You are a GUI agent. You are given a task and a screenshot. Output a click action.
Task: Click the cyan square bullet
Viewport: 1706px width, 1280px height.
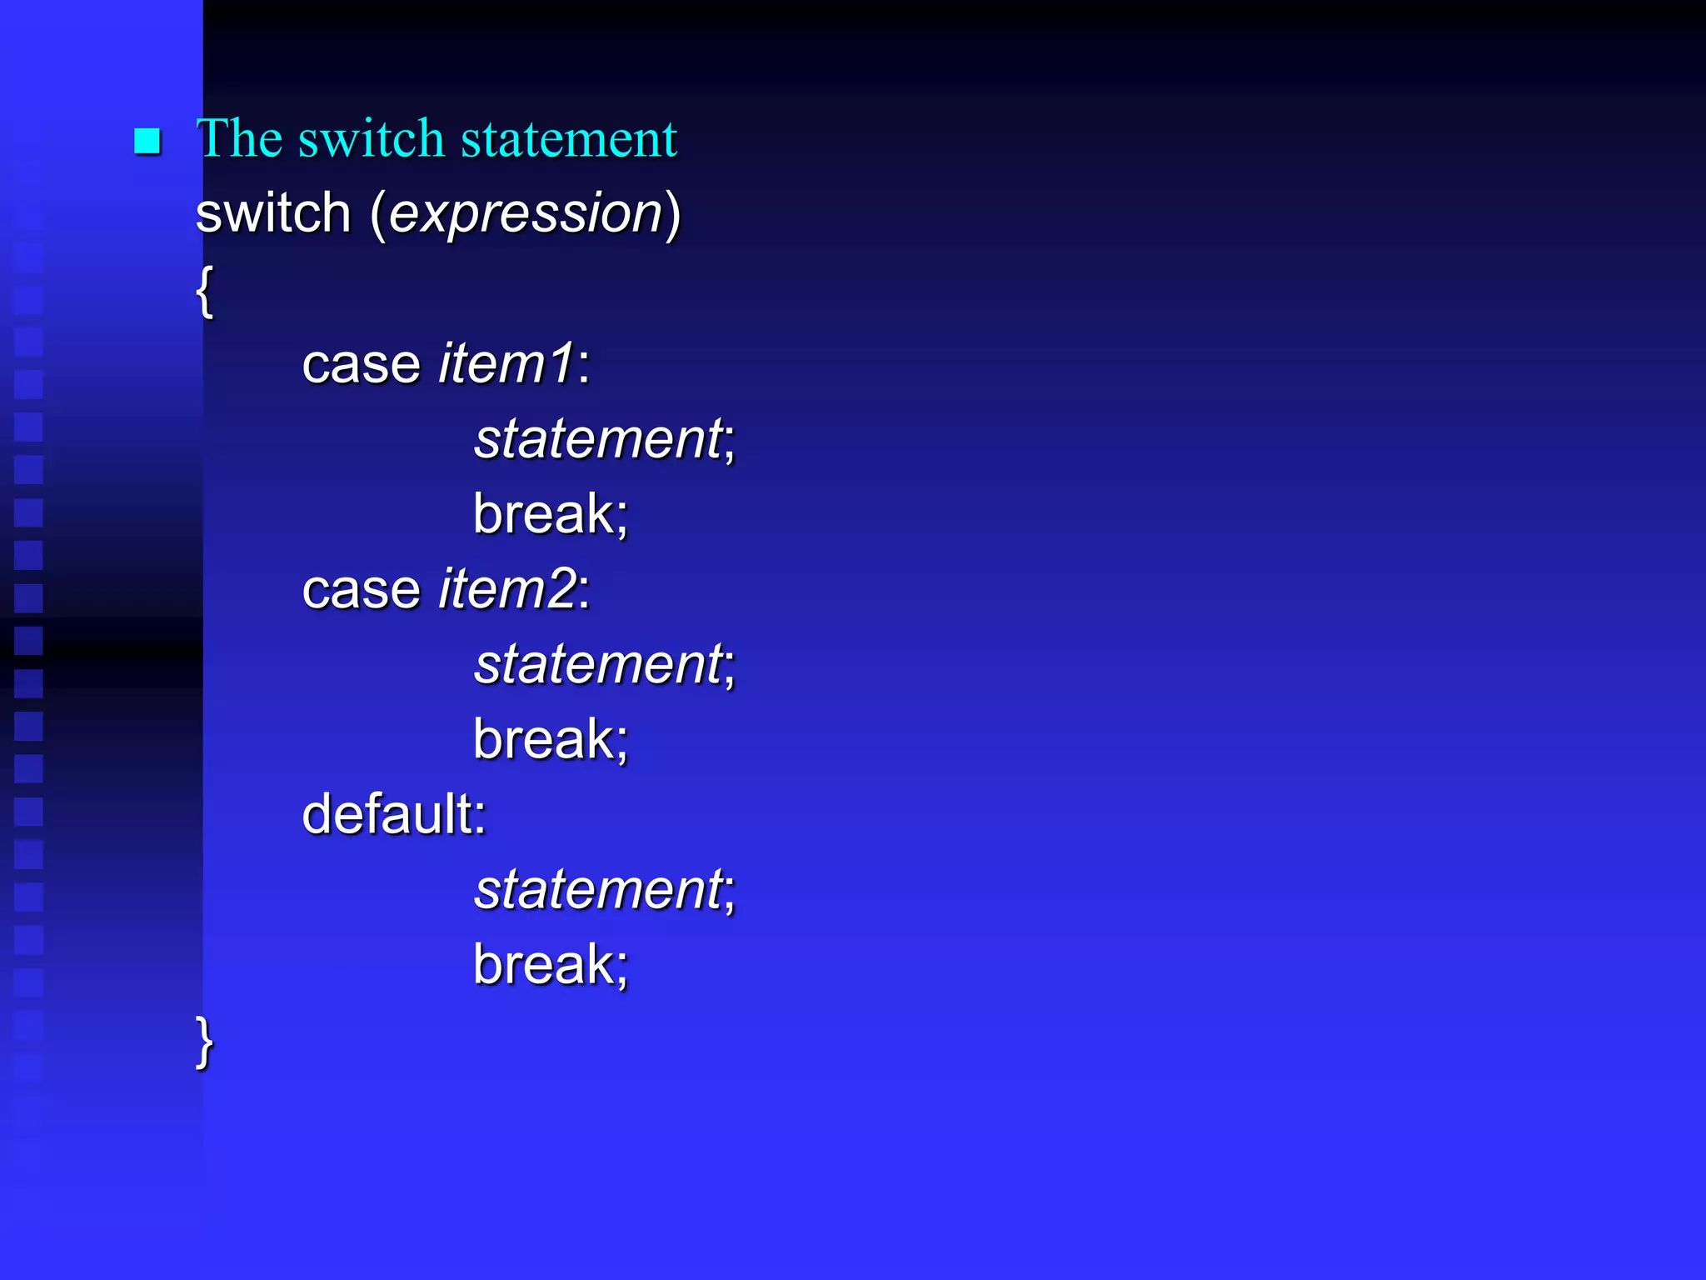(147, 142)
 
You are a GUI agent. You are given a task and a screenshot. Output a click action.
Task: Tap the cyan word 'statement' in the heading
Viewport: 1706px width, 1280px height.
(569, 139)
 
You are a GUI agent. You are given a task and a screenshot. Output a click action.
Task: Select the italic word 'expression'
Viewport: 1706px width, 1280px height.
(526, 213)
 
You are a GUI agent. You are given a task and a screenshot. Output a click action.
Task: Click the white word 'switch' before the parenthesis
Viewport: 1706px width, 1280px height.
(273, 213)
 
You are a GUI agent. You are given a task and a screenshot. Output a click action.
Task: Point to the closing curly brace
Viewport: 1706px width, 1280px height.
(204, 1042)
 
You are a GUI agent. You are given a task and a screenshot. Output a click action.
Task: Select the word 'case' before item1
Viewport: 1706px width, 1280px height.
(362, 365)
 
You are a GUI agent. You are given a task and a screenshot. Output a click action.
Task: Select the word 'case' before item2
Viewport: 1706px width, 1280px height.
(362, 590)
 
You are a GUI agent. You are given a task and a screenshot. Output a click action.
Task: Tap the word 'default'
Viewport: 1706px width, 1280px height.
(387, 814)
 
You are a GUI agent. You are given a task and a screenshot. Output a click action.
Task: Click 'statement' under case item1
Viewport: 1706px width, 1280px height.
(599, 439)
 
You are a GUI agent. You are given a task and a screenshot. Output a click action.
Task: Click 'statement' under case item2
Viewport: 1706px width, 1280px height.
(599, 664)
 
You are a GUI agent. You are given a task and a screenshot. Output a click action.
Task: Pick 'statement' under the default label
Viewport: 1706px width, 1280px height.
(599, 889)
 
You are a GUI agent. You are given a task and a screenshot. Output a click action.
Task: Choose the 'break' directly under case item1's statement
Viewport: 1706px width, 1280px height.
(544, 513)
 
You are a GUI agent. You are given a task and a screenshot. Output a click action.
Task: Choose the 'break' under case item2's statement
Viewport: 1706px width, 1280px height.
(544, 739)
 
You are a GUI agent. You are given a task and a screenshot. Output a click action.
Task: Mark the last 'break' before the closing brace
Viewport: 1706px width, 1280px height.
(544, 964)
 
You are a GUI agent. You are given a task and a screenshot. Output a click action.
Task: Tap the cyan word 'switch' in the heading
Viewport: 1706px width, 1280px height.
(372, 138)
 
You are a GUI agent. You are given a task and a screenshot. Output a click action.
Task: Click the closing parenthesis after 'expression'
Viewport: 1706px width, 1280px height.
(673, 214)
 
